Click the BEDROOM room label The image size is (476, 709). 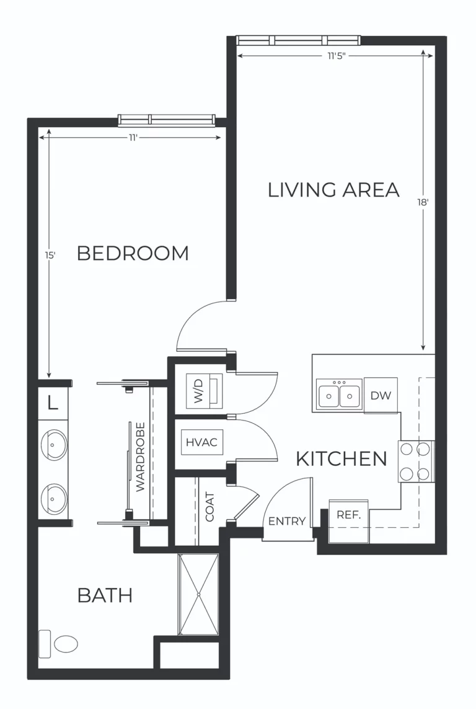133,253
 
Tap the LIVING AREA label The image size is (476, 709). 333,190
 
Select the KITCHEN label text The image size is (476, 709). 341,459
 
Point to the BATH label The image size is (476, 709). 105,595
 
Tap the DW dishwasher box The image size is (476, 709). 381,395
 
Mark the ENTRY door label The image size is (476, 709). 287,522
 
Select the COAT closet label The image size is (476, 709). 209,507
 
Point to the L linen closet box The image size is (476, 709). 53,403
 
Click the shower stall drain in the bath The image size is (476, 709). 198,594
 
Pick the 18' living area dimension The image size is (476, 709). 424,202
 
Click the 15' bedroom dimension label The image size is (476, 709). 50,255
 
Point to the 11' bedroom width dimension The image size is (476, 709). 133,138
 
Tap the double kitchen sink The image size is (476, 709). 339,395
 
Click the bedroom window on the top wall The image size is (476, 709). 167,120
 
